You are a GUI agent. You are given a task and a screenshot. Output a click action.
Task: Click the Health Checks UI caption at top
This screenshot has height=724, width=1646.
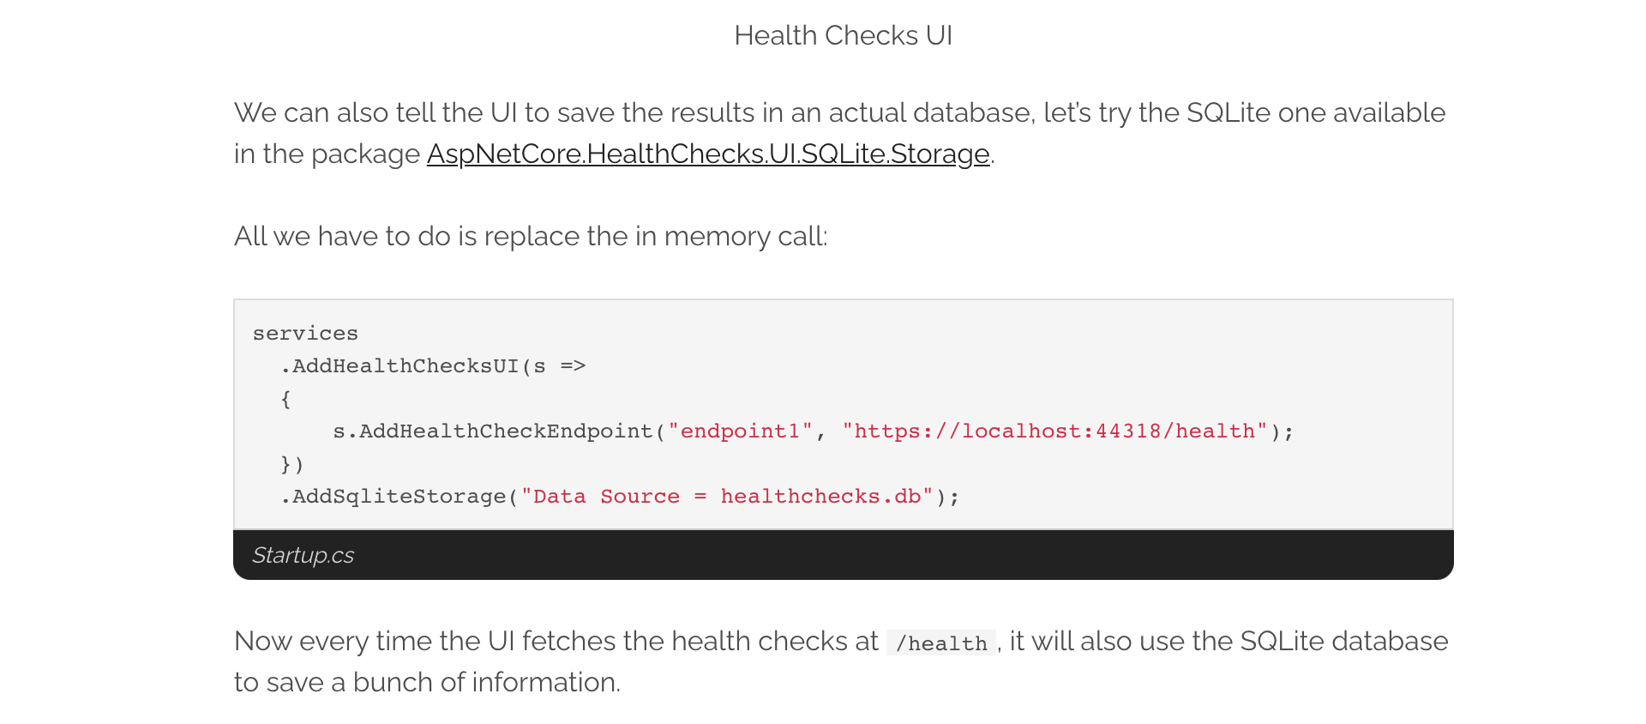843,36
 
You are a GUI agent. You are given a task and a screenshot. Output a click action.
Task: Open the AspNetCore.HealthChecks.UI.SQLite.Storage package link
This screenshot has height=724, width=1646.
708,154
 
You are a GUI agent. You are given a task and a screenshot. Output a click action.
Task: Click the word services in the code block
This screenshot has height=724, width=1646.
305,334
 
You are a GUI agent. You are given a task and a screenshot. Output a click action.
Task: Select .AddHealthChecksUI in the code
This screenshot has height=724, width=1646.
400,366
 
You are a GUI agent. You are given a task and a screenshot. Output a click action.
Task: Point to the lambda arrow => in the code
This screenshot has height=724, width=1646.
573,366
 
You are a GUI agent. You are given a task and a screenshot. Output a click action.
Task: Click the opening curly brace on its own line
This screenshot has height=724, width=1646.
285,399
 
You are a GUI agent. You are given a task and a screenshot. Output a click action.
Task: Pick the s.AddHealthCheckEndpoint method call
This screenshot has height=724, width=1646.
493,431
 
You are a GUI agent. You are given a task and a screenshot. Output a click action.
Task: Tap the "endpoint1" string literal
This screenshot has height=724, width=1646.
740,431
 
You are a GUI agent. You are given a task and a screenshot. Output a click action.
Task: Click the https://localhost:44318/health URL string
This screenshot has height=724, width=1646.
1054,431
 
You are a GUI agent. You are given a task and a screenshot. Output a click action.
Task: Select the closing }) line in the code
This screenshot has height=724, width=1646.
292,464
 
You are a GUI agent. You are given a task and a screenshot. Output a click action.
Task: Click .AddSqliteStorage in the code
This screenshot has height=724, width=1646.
394,497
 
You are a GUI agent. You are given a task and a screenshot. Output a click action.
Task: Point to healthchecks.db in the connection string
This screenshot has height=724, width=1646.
820,497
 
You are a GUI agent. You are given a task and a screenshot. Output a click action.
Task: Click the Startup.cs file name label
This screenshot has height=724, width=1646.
303,556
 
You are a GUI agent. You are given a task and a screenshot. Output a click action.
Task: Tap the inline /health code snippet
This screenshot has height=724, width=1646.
941,643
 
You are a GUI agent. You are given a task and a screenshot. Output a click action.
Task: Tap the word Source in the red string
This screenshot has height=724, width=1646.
640,497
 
